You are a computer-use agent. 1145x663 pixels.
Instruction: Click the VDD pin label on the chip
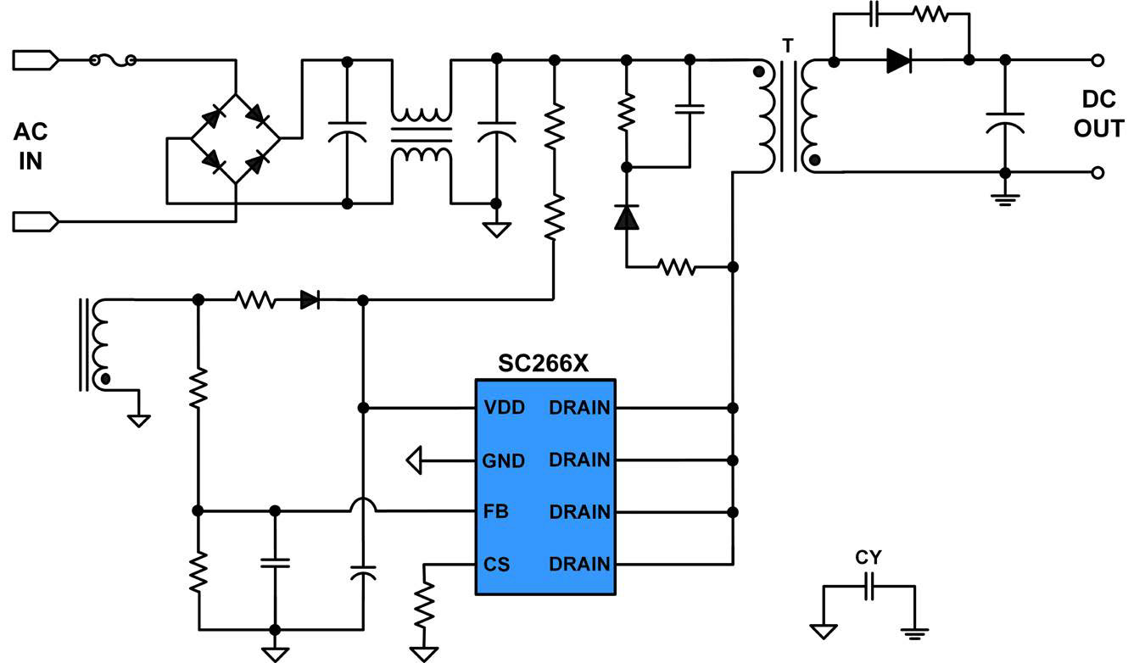pos(504,408)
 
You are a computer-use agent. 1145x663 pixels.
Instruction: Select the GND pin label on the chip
pos(504,460)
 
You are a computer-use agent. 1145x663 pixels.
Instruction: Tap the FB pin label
pos(496,511)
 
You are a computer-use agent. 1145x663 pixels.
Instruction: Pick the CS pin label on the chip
pos(496,565)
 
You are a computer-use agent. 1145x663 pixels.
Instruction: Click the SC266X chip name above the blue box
pos(543,364)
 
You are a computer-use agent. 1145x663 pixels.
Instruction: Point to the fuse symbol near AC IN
pos(113,61)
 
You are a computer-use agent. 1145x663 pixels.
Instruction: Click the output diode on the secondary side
pos(899,61)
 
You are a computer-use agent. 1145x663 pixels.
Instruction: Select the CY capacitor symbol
pos(869,587)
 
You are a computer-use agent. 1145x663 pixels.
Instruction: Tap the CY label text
pos(869,557)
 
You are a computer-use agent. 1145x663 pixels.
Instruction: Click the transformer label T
pos(788,47)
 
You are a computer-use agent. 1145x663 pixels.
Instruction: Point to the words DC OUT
pos(1099,114)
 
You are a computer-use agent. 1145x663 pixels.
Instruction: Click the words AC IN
pos(31,147)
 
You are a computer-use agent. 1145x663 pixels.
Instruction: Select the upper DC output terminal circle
pos(1098,61)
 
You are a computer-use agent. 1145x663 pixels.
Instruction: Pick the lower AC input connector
pos(36,222)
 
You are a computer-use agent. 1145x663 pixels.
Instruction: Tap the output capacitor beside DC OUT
pos(1005,124)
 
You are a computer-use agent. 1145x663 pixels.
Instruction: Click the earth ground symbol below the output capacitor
pos(1005,200)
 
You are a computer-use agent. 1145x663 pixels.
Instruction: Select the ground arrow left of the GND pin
pos(415,460)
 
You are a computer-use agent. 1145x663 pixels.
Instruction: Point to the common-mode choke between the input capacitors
pos(422,134)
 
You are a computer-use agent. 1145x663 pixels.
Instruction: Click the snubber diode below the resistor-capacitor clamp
pos(627,216)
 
